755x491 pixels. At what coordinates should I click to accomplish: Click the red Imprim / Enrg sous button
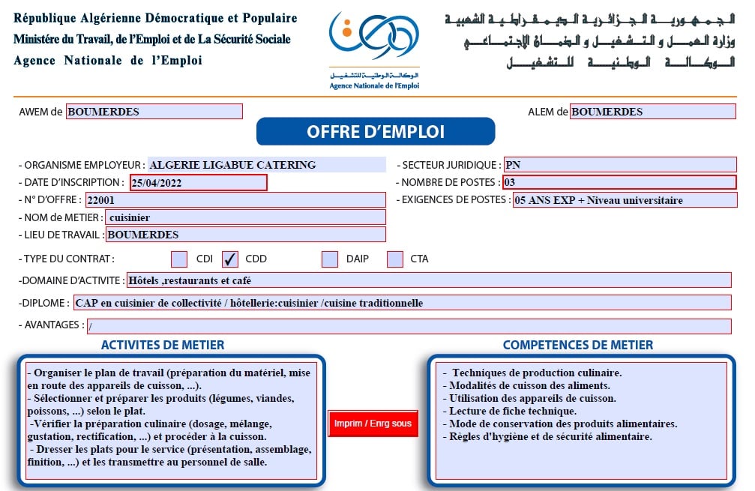click(x=373, y=424)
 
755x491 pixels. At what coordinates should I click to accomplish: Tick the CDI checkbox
click(x=179, y=259)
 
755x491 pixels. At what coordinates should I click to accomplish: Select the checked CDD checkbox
click(x=230, y=259)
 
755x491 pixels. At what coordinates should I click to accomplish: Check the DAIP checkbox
click(x=330, y=259)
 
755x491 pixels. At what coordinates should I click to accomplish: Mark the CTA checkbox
click(x=395, y=259)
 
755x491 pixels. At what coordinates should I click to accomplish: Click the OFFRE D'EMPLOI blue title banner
click(x=376, y=132)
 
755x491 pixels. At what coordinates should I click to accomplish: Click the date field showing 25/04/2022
click(x=198, y=182)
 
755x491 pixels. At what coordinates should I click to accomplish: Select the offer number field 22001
click(x=235, y=200)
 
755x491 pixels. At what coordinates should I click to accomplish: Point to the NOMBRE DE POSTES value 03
click(x=619, y=182)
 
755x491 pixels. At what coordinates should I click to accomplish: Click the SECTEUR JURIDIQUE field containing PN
click(x=619, y=165)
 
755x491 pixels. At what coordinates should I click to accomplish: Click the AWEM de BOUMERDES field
click(x=154, y=112)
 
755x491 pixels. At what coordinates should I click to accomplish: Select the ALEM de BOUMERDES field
click(x=652, y=112)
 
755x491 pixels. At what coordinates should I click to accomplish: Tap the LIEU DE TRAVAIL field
click(x=246, y=235)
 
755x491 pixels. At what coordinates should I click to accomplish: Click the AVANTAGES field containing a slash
click(x=409, y=327)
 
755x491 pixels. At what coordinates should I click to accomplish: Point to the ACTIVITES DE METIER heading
click(x=163, y=346)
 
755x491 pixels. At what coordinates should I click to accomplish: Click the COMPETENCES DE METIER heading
click(x=577, y=346)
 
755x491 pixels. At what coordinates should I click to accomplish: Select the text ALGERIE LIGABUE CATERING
click(x=232, y=165)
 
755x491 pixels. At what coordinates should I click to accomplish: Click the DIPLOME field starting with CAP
click(x=401, y=303)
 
